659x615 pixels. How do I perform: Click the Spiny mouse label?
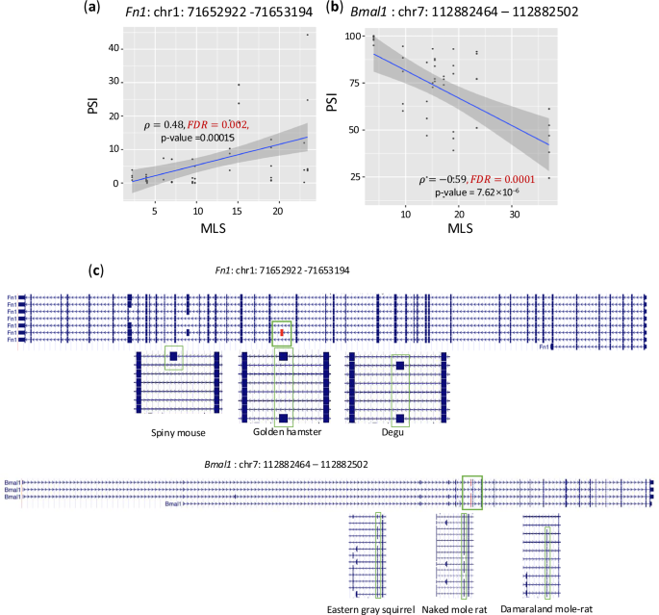[x=178, y=433]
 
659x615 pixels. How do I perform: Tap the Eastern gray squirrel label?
[x=370, y=608]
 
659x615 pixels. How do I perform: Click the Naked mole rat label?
[x=467, y=608]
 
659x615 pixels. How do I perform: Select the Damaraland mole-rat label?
[x=557, y=608]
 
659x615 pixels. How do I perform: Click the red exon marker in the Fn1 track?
[x=282, y=333]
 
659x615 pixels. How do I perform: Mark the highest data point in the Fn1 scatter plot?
[x=308, y=36]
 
